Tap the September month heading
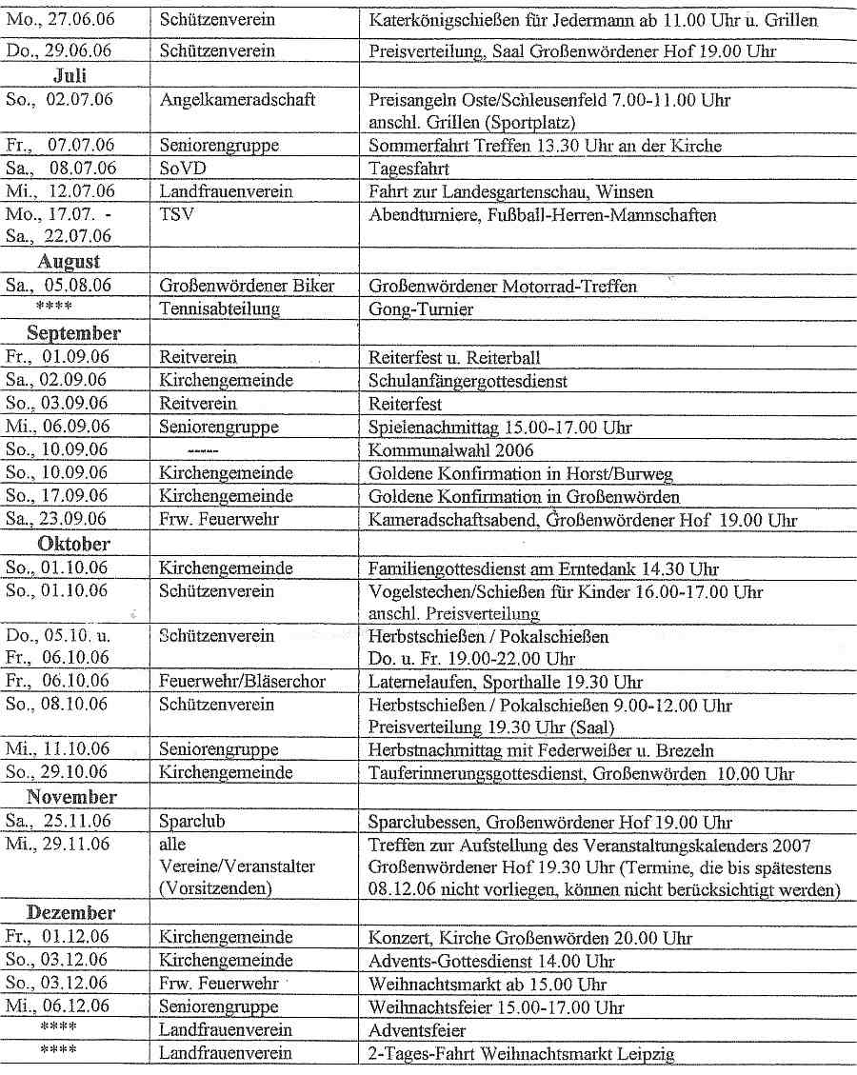(x=73, y=333)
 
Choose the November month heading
(x=71, y=797)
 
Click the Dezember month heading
(x=73, y=912)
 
